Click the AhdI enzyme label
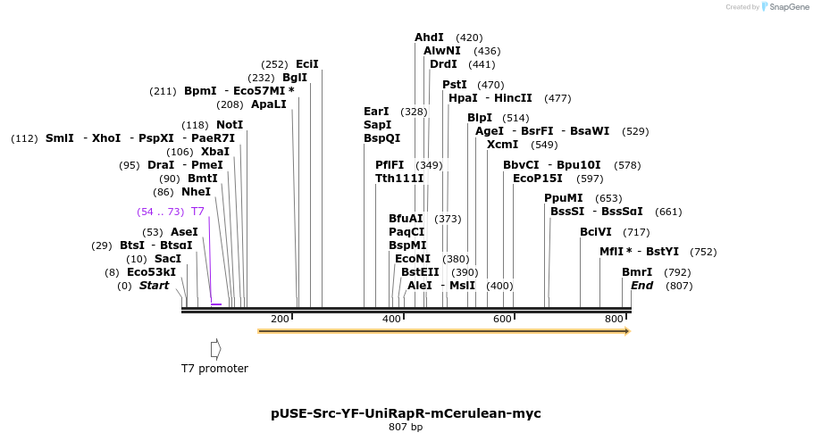429,37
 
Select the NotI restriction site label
230,125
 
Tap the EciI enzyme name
307,64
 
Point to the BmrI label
637,272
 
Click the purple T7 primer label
197,212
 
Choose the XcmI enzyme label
503,145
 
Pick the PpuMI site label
564,198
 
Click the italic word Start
154,286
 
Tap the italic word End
641,286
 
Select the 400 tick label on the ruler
391,320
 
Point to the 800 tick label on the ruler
614,320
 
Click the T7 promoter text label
214,369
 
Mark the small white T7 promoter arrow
215,348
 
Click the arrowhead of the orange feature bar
627,331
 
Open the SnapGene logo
786,7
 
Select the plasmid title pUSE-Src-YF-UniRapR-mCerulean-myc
406,413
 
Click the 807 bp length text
406,428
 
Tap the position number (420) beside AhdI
469,37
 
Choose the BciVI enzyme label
596,232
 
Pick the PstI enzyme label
455,85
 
